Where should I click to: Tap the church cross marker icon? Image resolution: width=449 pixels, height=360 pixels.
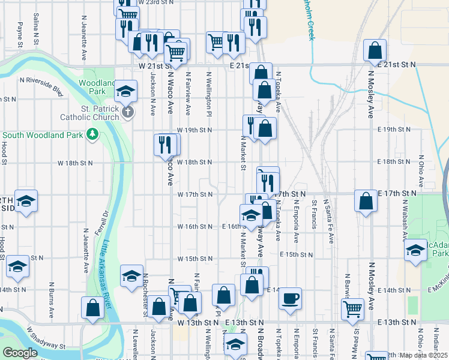(x=127, y=112)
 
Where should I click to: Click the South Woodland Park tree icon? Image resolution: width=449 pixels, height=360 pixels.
(x=92, y=134)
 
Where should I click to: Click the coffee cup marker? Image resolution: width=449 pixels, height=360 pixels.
(x=290, y=298)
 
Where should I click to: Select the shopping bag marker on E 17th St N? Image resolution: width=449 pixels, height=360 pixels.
(x=366, y=201)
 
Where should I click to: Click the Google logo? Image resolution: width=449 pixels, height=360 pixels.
(x=19, y=353)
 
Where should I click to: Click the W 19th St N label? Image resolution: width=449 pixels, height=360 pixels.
(x=194, y=130)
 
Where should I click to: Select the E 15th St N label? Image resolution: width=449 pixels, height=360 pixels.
(x=297, y=254)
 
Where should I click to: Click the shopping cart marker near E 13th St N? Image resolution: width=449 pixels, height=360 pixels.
(x=353, y=309)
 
